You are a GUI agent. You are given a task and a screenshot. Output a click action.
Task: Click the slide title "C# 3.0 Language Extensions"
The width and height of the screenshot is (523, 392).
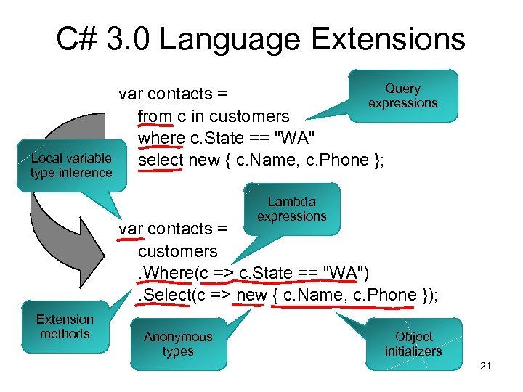coord(261,38)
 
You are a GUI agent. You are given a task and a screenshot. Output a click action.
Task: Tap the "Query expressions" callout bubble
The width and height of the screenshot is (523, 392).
coord(402,96)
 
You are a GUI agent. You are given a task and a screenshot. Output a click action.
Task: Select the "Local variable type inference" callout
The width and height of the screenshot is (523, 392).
coord(70,166)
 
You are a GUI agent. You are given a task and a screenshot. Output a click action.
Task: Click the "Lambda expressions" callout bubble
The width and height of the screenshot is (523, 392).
coord(291,209)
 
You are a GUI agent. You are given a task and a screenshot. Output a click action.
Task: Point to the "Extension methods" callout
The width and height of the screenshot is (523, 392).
coord(65,327)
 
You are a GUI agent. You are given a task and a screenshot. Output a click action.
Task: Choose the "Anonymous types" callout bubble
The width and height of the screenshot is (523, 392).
coord(178,344)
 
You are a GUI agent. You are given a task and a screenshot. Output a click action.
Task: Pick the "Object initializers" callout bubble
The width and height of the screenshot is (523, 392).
coord(413,344)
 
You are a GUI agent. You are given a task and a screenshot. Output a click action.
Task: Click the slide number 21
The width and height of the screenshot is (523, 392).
coord(486,366)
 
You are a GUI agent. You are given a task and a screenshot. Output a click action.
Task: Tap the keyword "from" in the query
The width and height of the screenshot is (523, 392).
coord(155,116)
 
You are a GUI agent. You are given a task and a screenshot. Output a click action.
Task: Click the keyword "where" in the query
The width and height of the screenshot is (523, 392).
coord(161,138)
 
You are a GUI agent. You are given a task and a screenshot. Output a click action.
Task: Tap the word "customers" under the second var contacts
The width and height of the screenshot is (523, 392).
coord(177,251)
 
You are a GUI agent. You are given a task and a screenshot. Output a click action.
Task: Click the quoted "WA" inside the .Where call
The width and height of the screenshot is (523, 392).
coord(346,273)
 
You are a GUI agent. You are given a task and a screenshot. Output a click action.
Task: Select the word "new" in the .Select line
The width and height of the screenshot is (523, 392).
coord(251,295)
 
